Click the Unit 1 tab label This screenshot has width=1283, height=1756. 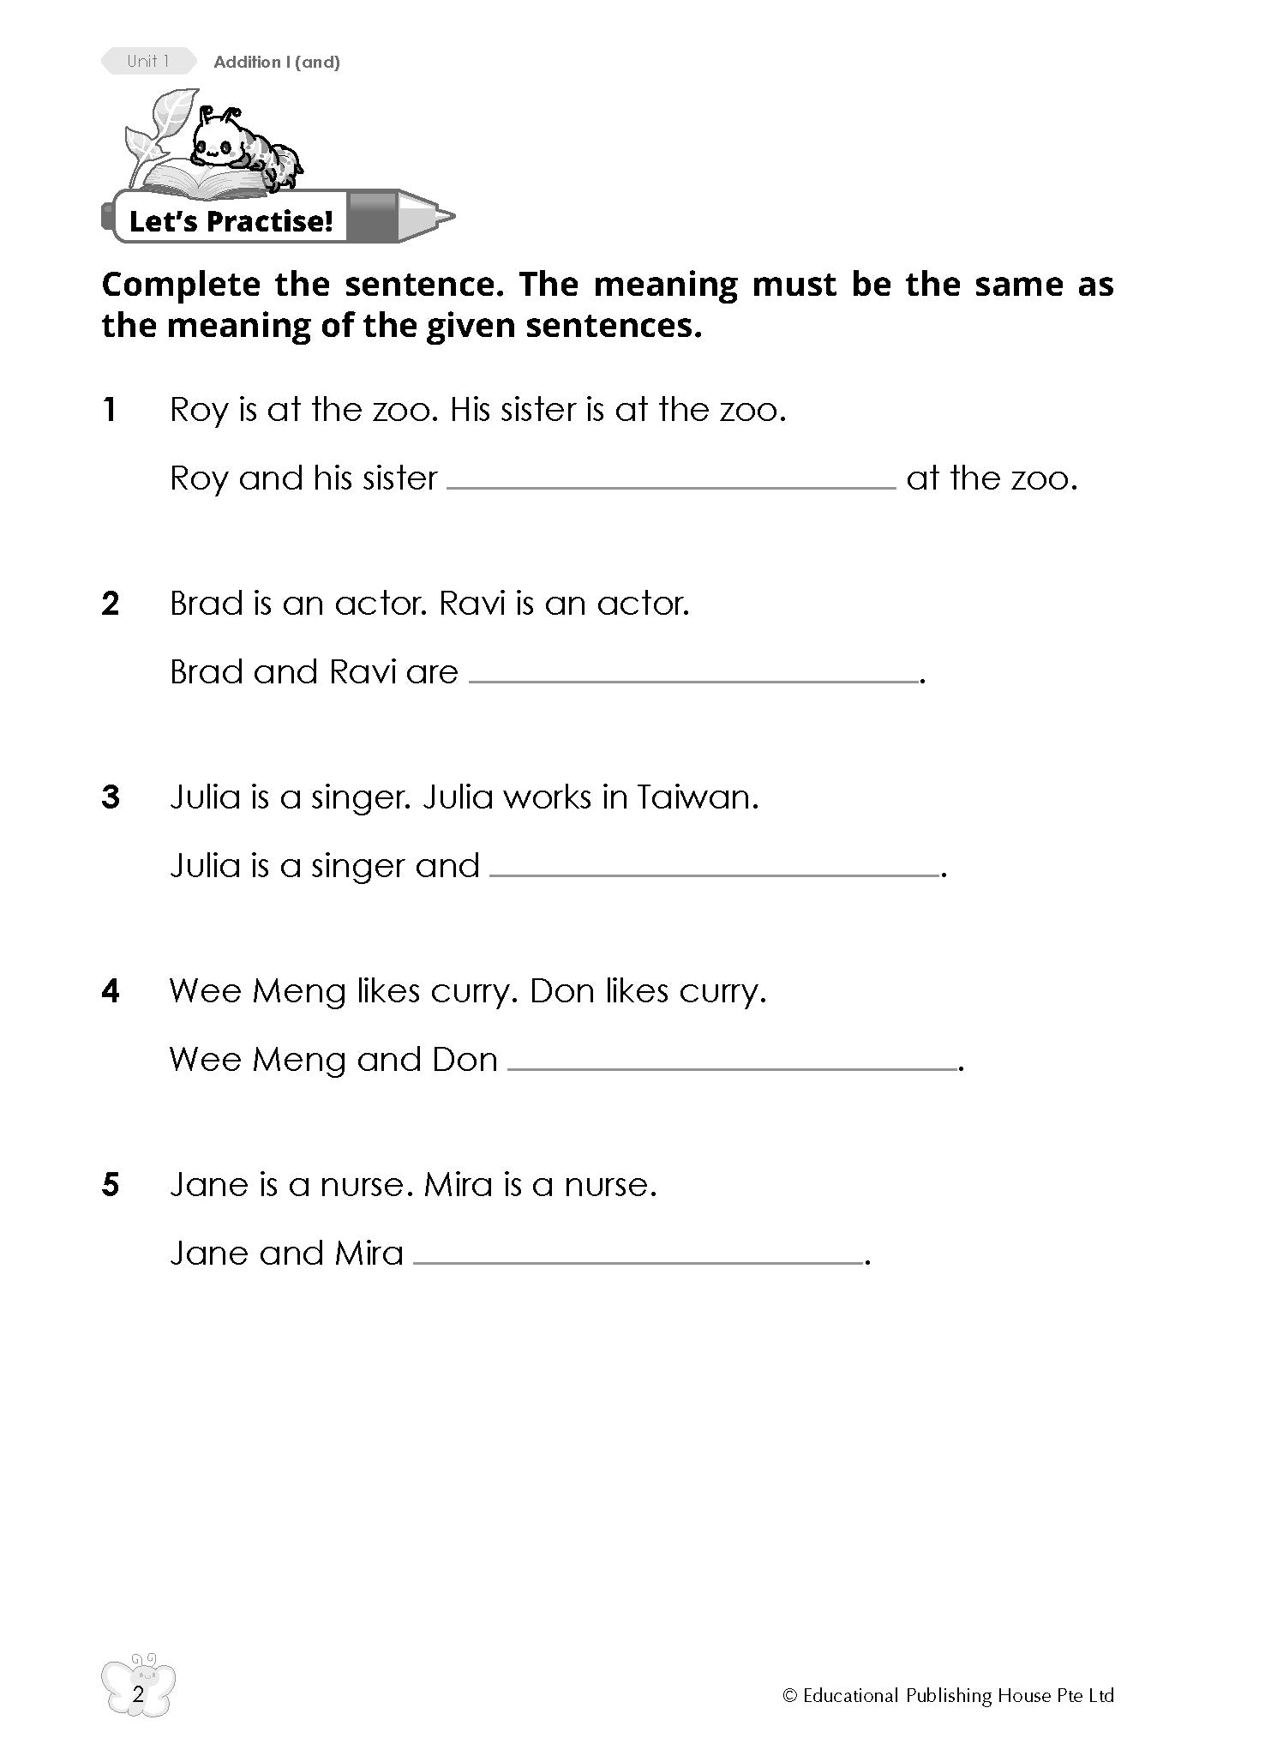coord(147,61)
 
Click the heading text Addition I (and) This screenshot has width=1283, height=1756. coord(277,62)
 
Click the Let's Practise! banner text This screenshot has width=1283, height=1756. coord(230,221)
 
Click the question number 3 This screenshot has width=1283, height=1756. coord(111,797)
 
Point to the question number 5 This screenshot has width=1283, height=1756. coord(111,1185)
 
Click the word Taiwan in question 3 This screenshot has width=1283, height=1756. coord(697,797)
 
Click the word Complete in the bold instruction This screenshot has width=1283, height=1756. coord(183,285)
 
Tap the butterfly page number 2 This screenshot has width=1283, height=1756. coord(138,1694)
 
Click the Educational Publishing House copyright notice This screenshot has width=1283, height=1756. coord(948,1695)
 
